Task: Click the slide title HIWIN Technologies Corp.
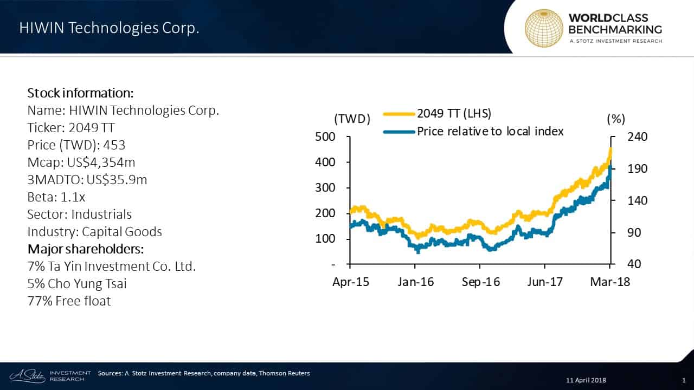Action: [x=109, y=29]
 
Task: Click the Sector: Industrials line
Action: [x=79, y=214]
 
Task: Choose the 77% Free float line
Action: [x=69, y=301]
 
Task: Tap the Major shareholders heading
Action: [x=85, y=249]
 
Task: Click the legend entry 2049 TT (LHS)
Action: [x=453, y=114]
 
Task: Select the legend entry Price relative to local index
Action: [x=490, y=131]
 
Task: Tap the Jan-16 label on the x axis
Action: [x=416, y=282]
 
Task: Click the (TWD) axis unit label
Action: [x=352, y=119]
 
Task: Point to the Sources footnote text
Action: [x=204, y=373]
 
